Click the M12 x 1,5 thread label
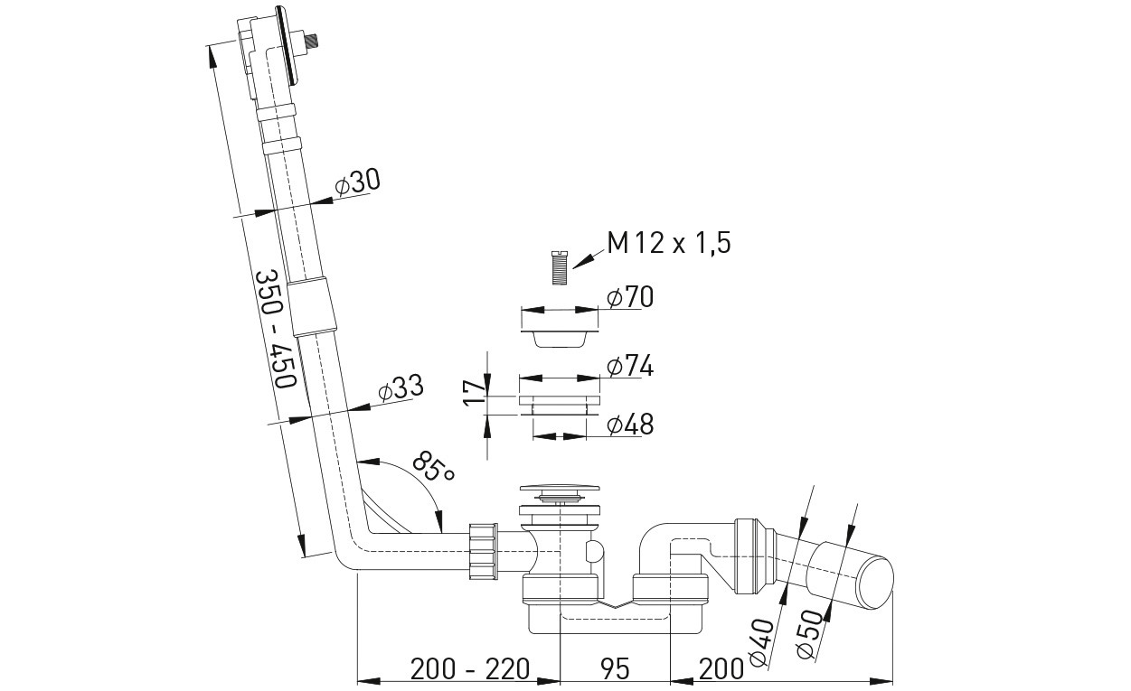point(669,244)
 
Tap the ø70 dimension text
point(630,296)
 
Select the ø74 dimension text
point(630,366)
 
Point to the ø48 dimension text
point(630,425)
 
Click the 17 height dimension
point(475,394)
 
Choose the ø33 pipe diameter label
point(401,388)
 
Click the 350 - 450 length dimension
point(275,330)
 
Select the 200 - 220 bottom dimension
point(470,668)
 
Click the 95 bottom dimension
point(616,668)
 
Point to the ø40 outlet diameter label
point(762,642)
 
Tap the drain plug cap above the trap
point(560,489)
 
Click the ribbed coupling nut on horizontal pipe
point(484,550)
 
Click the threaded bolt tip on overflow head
point(313,40)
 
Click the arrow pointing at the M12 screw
point(588,259)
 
